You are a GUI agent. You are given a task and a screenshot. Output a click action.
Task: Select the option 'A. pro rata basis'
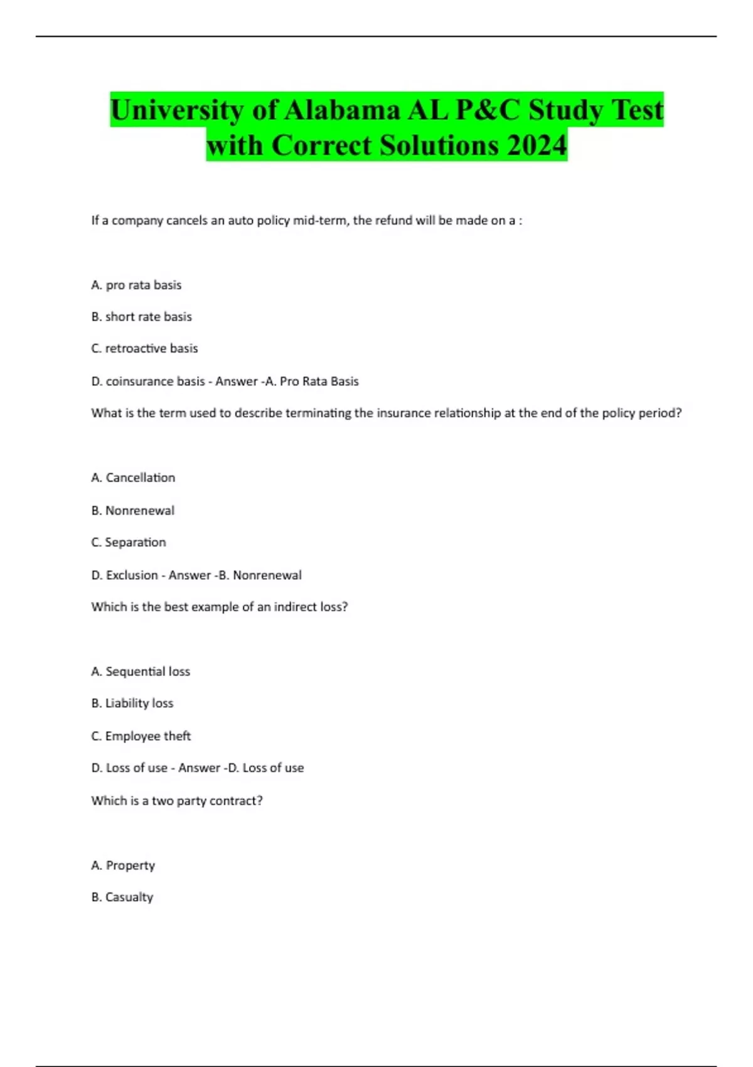pos(136,285)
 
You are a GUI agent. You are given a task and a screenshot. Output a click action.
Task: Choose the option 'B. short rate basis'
pos(141,317)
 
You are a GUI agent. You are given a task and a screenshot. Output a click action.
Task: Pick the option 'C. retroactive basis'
pos(144,348)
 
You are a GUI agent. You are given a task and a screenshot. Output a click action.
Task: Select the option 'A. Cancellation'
pos(133,478)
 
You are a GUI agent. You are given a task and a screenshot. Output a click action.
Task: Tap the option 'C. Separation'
pos(129,542)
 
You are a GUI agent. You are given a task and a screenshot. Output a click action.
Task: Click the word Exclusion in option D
pos(132,576)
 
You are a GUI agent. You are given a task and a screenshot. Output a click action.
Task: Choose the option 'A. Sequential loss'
pos(141,672)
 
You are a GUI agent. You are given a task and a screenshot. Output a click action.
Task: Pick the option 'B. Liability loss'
pos(132,704)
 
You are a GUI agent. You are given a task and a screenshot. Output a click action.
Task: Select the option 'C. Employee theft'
pos(141,736)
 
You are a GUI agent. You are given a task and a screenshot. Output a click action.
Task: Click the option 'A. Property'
pos(123,866)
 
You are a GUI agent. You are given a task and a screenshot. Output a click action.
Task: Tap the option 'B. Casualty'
pos(122,898)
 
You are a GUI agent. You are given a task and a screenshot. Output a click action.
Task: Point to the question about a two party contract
pos(177,801)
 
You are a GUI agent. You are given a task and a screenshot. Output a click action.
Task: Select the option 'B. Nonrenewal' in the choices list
pos(132,511)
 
